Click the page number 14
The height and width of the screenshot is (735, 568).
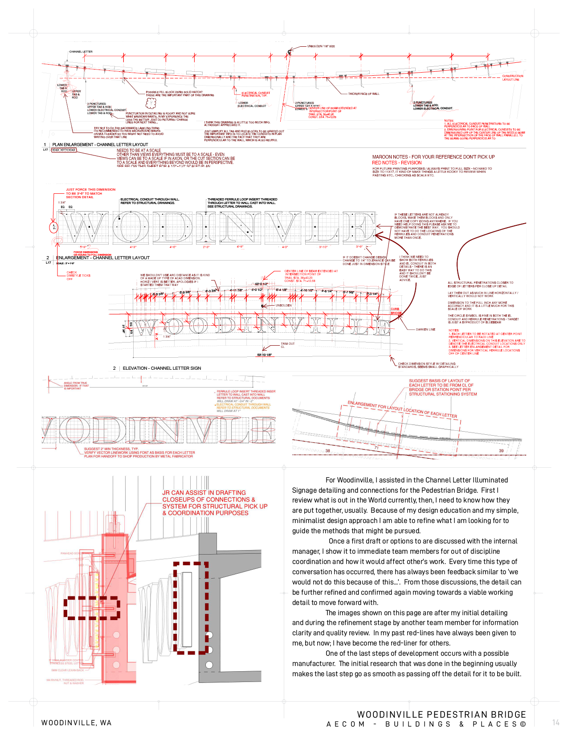(556, 723)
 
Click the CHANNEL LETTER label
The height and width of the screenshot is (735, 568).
(81, 52)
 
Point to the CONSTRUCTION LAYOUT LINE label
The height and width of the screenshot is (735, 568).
(513, 78)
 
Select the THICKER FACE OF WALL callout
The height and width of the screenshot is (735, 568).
(364, 94)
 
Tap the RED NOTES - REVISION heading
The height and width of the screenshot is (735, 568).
(397, 163)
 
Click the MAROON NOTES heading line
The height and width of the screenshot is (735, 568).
(433, 157)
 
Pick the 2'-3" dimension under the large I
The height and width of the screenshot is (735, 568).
(206, 247)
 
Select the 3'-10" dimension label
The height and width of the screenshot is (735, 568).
(323, 247)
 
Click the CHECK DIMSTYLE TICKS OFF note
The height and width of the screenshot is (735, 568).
(78, 275)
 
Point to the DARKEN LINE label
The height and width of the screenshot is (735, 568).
(425, 330)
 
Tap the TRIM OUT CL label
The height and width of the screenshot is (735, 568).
(288, 345)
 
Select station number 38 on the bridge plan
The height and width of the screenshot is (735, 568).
(328, 451)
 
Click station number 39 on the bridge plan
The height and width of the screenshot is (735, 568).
(501, 451)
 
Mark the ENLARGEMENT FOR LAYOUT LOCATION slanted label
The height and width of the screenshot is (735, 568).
(402, 409)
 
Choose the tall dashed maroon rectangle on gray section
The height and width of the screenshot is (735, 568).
(191, 608)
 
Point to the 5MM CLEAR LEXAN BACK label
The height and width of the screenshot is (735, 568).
(67, 670)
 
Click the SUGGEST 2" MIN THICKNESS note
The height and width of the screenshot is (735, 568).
(139, 453)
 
